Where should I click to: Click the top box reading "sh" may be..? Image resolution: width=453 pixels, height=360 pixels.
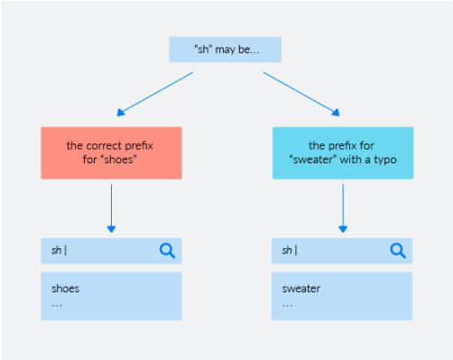point(225,49)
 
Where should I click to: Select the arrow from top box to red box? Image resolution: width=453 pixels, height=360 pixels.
point(155,94)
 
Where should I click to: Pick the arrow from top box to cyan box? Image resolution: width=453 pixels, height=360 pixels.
point(301,94)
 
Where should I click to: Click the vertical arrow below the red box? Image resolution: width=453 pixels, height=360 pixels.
point(111,206)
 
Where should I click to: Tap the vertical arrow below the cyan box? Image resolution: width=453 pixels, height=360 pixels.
point(343,206)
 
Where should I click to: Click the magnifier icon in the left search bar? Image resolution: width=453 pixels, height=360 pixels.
point(167,250)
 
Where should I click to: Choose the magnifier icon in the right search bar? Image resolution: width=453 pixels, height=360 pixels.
point(398,250)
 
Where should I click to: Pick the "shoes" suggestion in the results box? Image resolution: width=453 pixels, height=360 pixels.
point(65,290)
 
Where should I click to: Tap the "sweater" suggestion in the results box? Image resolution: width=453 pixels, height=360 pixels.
point(301,290)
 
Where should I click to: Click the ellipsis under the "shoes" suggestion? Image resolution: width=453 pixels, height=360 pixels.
point(56,304)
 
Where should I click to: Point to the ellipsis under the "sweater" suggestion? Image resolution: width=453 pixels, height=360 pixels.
point(287,304)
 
